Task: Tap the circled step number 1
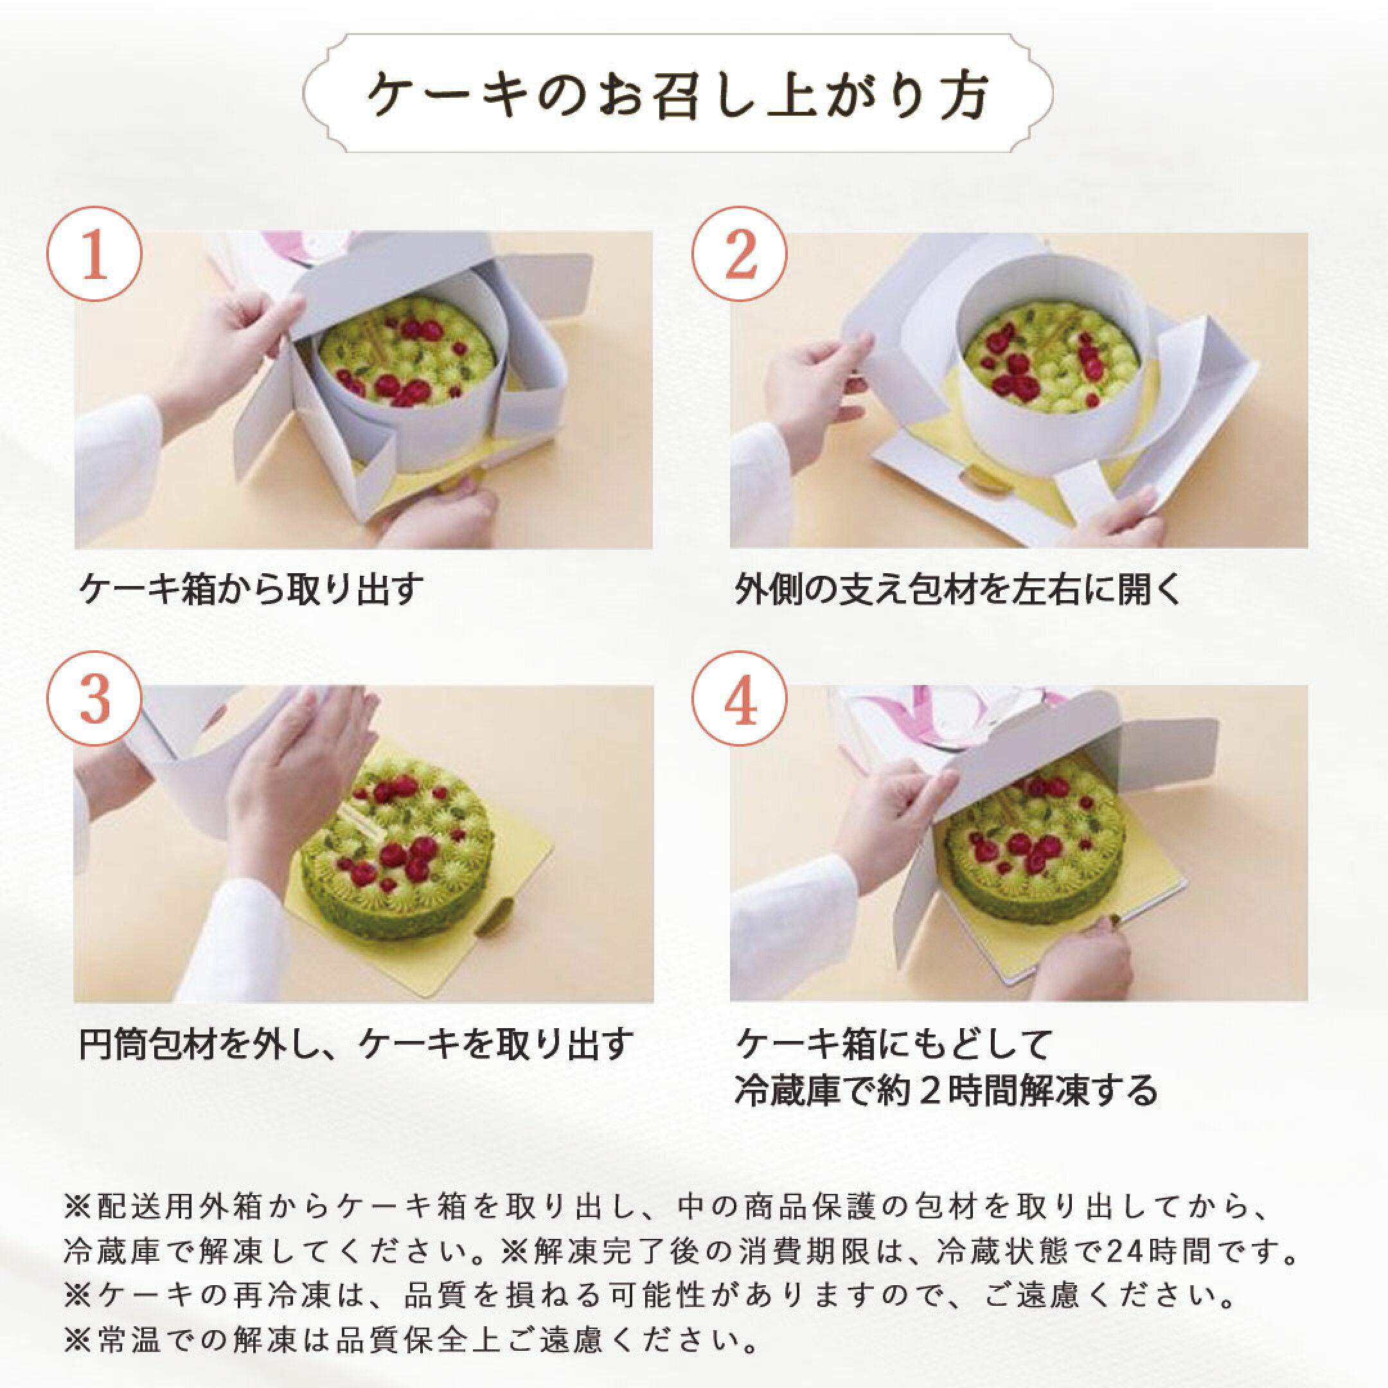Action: click(x=94, y=254)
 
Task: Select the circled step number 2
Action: click(x=739, y=254)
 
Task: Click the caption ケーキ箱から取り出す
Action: click(x=251, y=590)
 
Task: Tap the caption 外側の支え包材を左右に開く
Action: click(x=957, y=590)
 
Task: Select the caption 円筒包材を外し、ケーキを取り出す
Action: click(x=355, y=1043)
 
